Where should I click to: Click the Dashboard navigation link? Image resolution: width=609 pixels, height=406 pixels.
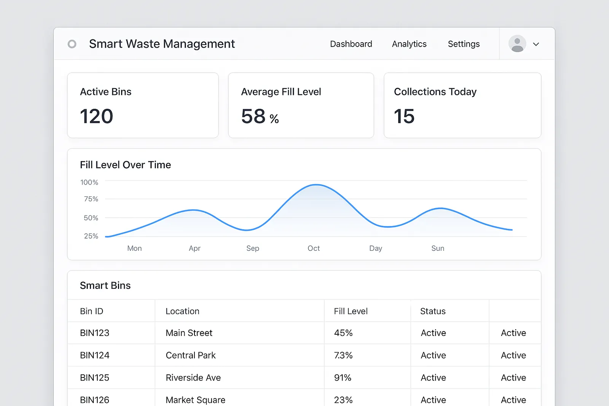pyautogui.click(x=351, y=44)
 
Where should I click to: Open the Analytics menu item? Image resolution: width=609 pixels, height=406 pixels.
pyautogui.click(x=409, y=44)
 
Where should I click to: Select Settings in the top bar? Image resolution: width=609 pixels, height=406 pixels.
pyautogui.click(x=464, y=44)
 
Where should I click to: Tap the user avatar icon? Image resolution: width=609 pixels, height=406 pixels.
pyautogui.click(x=517, y=44)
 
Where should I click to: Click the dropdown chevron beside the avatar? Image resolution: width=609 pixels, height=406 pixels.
pyautogui.click(x=536, y=44)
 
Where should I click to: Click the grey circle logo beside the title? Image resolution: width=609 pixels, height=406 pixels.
pyautogui.click(x=72, y=44)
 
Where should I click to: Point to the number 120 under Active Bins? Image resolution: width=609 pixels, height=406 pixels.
pyautogui.click(x=97, y=116)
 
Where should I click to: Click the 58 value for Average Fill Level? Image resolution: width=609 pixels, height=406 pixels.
pyautogui.click(x=253, y=116)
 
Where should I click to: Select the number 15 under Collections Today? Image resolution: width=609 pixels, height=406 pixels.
pyautogui.click(x=404, y=116)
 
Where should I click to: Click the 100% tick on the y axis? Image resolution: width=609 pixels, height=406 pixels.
pyautogui.click(x=89, y=182)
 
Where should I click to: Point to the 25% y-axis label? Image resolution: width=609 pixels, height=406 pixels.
pyautogui.click(x=91, y=236)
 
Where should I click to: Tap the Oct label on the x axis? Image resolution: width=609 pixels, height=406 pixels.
pyautogui.click(x=314, y=248)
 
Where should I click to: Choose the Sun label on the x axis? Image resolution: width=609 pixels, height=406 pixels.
pyautogui.click(x=438, y=248)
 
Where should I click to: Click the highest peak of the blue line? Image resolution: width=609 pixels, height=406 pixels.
pyautogui.click(x=316, y=185)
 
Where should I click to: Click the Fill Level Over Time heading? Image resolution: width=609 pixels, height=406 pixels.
pyautogui.click(x=125, y=165)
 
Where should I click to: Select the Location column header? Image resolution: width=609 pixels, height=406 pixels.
pyautogui.click(x=182, y=311)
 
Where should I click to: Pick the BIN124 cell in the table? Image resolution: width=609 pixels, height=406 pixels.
pyautogui.click(x=95, y=355)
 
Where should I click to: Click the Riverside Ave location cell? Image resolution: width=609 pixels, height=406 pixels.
pyautogui.click(x=193, y=377)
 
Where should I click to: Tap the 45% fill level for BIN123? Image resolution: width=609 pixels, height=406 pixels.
pyautogui.click(x=343, y=333)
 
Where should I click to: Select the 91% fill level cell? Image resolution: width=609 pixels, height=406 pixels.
pyautogui.click(x=343, y=377)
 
